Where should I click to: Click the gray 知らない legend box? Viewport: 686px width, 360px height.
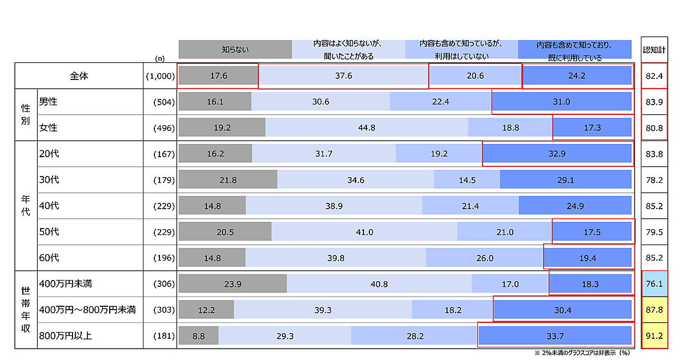pyautogui.click(x=235, y=49)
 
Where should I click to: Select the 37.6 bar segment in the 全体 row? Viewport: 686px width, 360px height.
pyautogui.click(x=343, y=75)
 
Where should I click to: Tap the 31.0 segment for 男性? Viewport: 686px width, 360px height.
pyautogui.click(x=562, y=102)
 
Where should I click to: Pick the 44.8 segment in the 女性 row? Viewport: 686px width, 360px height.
pyautogui.click(x=366, y=128)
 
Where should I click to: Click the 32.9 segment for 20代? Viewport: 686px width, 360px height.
pyautogui.click(x=557, y=154)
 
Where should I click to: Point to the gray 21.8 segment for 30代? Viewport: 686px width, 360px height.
pyautogui.click(x=228, y=180)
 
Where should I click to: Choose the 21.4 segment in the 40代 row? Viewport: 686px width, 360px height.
pyautogui.click(x=470, y=206)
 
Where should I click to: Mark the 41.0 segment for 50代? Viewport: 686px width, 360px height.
pyautogui.click(x=364, y=232)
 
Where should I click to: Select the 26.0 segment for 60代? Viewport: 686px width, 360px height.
pyautogui.click(x=484, y=258)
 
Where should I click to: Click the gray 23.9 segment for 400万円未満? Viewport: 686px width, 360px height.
pyautogui.click(x=232, y=284)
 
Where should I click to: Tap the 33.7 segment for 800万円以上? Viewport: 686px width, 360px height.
pyautogui.click(x=555, y=336)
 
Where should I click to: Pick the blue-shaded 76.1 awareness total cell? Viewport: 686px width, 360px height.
pyautogui.click(x=654, y=284)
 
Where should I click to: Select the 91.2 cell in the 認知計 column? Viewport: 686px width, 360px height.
pyautogui.click(x=654, y=336)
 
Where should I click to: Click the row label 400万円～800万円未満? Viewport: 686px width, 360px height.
pyautogui.click(x=87, y=310)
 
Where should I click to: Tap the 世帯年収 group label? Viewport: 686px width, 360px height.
pyautogui.click(x=25, y=309)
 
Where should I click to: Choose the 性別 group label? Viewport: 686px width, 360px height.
pyautogui.click(x=25, y=115)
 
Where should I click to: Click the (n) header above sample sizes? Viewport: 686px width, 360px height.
pyautogui.click(x=159, y=58)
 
